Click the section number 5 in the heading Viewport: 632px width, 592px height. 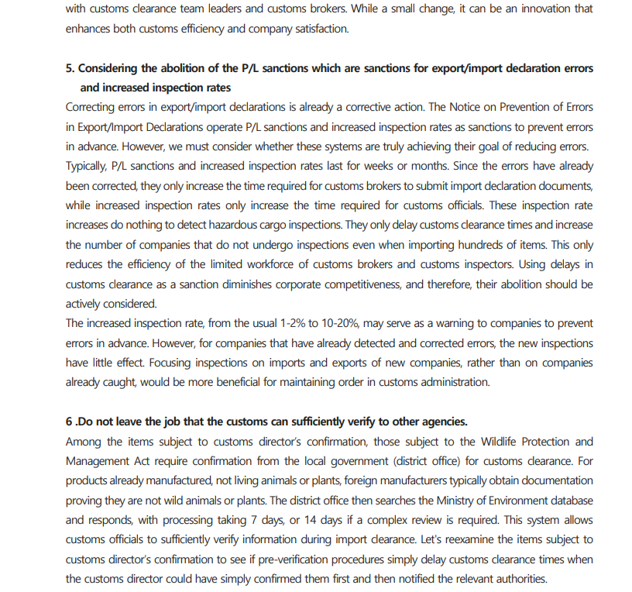(69, 68)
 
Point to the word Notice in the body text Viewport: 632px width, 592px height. (485, 107)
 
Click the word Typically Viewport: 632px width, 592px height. (86, 166)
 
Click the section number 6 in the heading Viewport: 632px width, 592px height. (69, 422)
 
